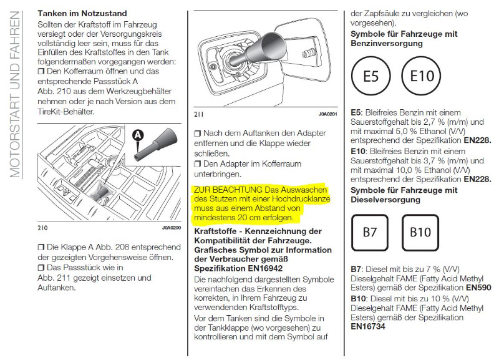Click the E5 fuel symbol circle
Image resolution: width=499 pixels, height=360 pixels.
click(372, 77)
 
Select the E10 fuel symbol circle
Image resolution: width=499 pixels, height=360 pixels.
click(422, 77)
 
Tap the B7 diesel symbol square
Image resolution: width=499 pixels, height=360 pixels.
click(371, 232)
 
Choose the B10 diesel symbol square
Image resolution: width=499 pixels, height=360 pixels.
click(420, 232)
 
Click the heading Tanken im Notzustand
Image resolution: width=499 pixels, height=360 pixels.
click(91, 13)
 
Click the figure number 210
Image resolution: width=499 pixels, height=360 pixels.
click(42, 228)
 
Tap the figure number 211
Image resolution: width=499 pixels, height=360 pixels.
click(199, 114)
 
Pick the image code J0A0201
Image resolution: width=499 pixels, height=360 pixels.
click(328, 114)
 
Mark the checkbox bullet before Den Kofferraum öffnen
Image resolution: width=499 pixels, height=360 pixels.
click(42, 72)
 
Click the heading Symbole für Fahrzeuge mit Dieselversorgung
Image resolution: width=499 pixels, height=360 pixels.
click(404, 195)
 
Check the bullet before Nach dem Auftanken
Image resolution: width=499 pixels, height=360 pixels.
click(198, 134)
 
